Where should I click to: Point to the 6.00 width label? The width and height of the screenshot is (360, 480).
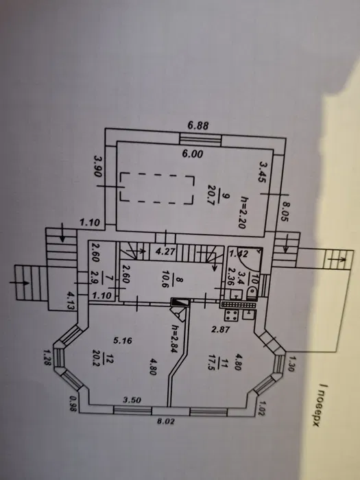pos(193,154)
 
